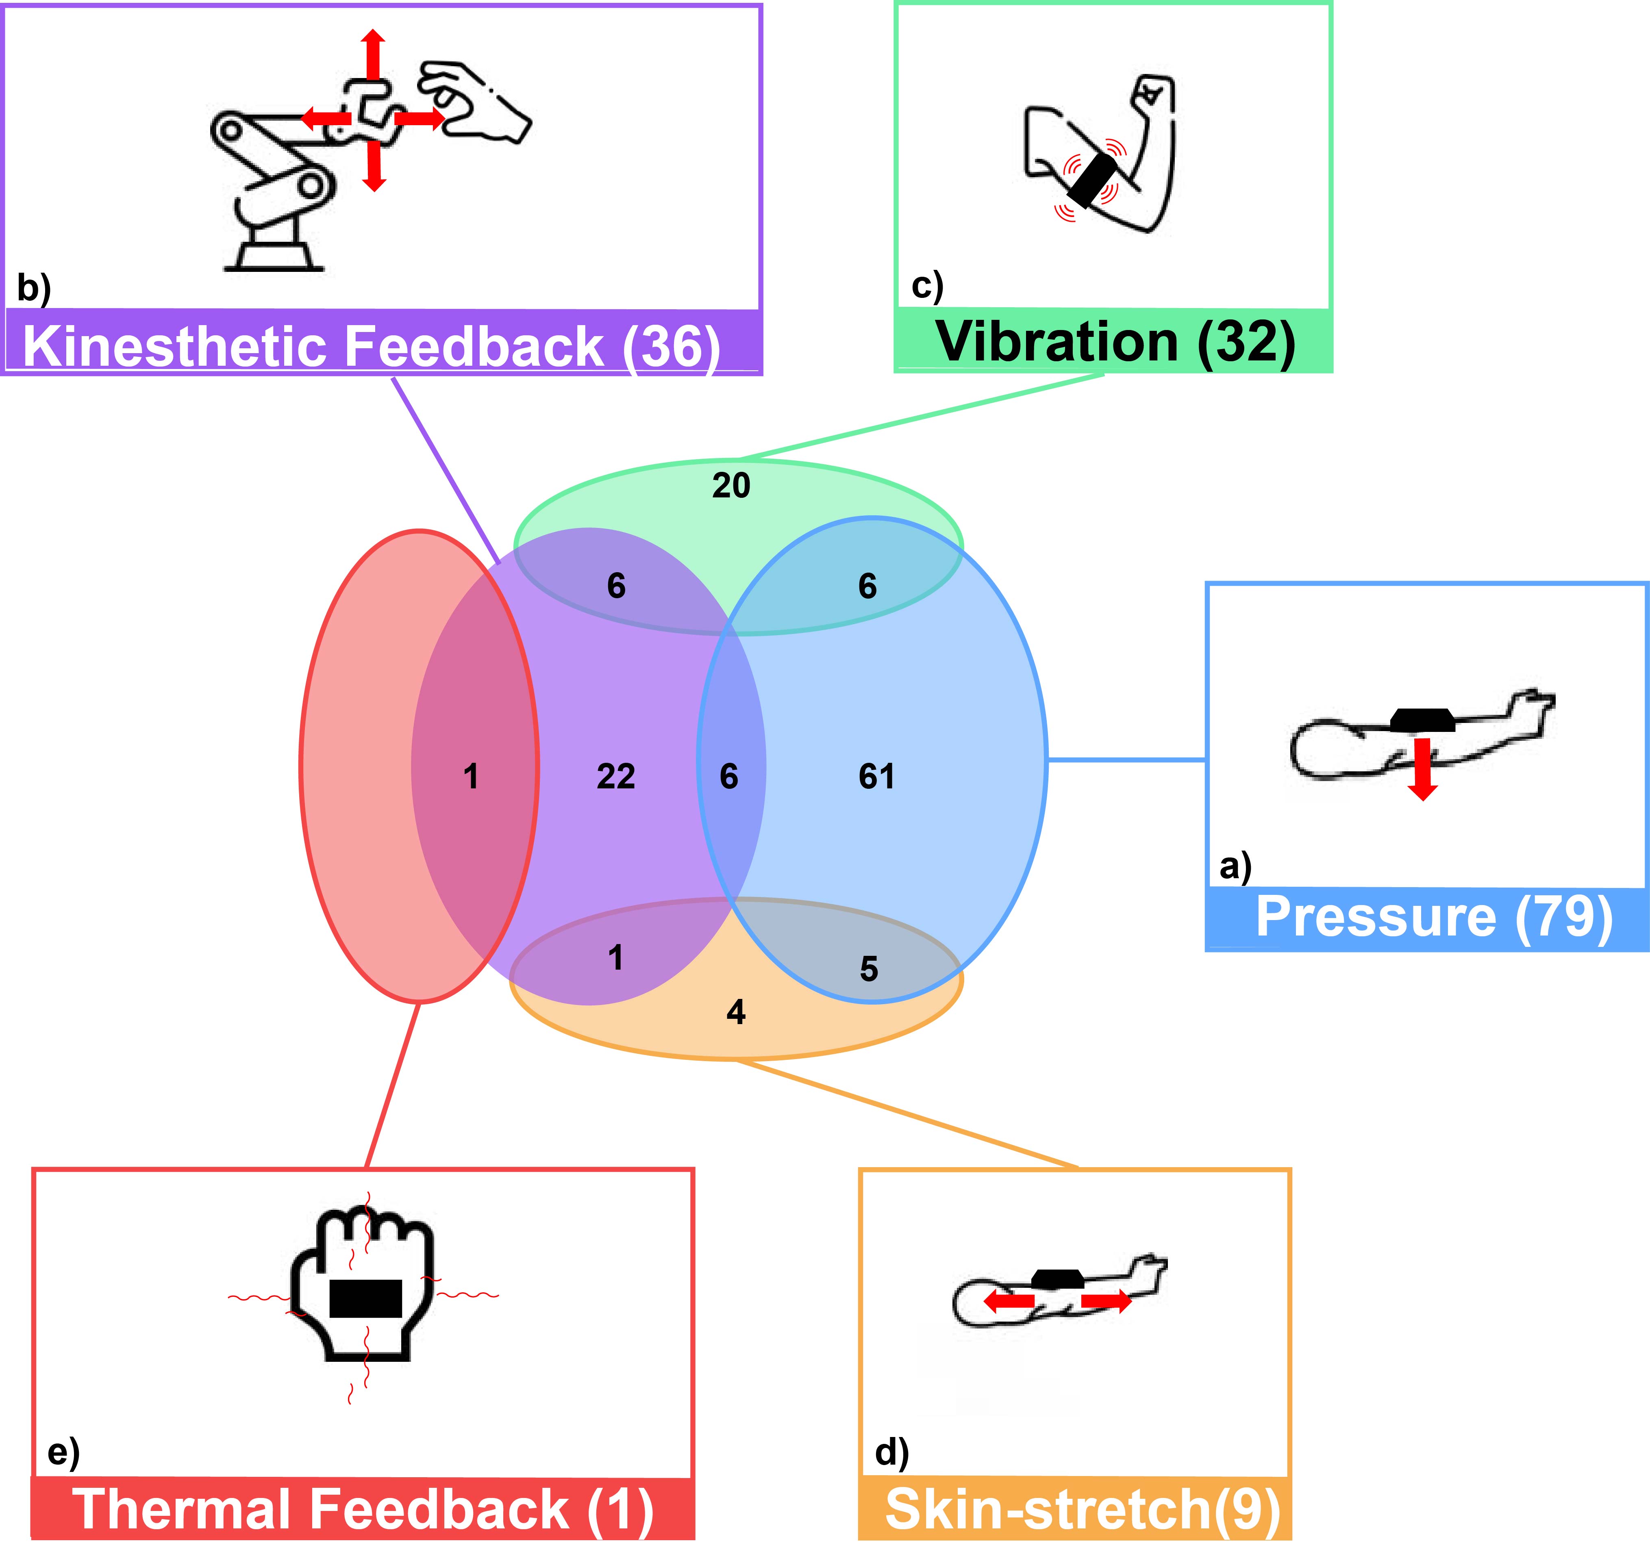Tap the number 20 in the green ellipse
click(x=731, y=486)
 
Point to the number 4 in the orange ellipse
click(x=735, y=1012)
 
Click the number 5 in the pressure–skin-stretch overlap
click(x=868, y=968)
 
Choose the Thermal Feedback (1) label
click(x=363, y=1508)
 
